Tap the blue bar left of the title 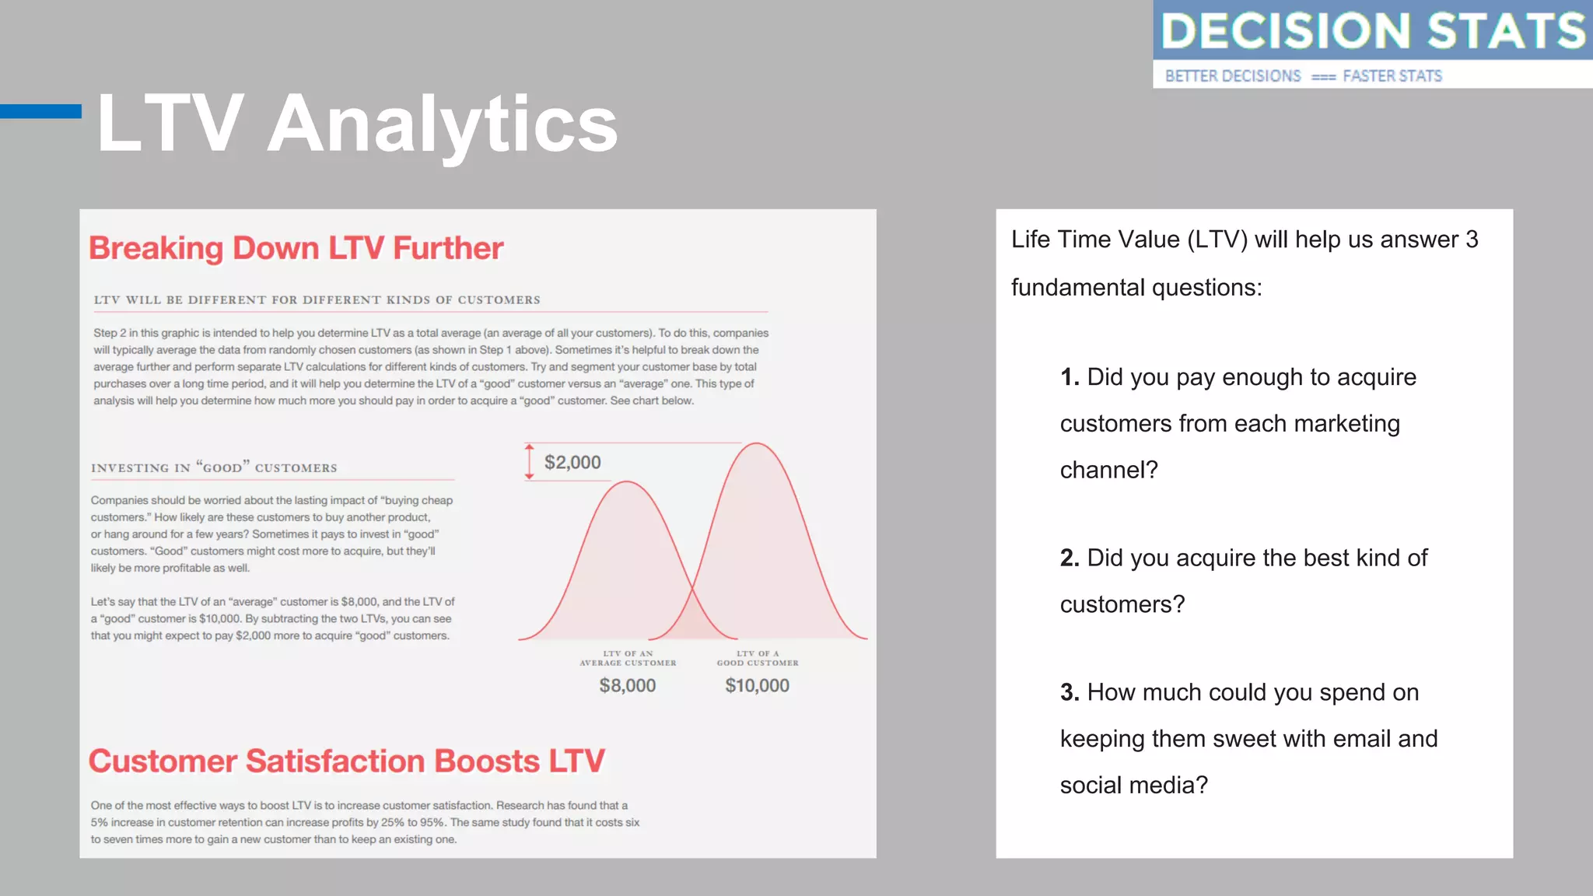tap(40, 111)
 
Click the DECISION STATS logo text tap(1372, 31)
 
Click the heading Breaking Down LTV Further tap(296, 248)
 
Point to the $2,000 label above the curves tap(572, 463)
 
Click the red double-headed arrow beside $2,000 tap(529, 462)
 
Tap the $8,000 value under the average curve tap(627, 685)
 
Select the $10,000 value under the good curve tap(757, 685)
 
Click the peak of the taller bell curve tap(756, 444)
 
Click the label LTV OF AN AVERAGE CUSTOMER tap(628, 658)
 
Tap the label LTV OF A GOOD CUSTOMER tap(758, 658)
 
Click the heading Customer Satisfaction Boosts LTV tap(346, 761)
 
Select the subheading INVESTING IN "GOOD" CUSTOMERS tap(214, 467)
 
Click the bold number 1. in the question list tap(1070, 377)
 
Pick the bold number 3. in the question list tap(1070, 692)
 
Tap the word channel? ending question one tap(1108, 470)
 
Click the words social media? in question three tap(1133, 785)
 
